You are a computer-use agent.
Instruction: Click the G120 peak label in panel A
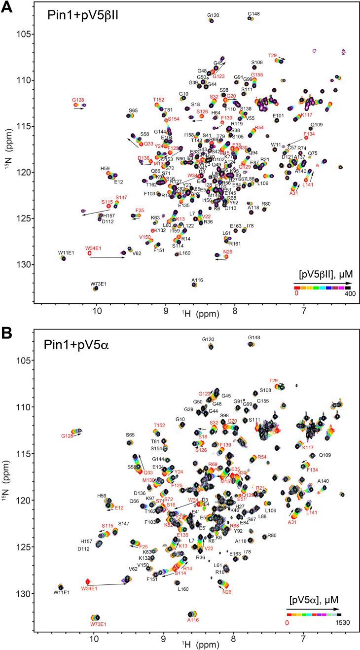pos(213,15)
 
